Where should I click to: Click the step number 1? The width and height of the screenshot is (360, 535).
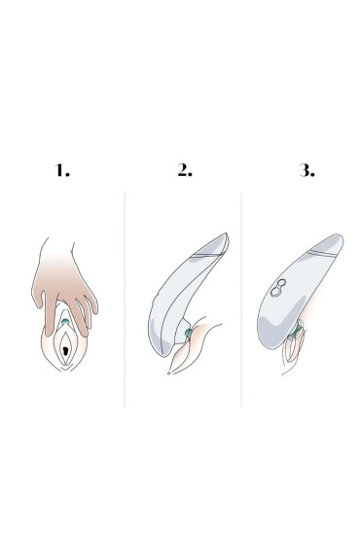point(62,170)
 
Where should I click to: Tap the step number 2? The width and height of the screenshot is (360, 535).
point(185,170)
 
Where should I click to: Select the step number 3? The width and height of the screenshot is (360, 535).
point(306,170)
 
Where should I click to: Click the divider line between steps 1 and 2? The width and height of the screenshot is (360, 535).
point(125,300)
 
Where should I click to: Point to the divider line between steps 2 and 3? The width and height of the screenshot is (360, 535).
point(241,300)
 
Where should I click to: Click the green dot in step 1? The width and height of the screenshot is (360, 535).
point(65,321)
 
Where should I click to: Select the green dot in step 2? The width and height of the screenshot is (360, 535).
point(188,333)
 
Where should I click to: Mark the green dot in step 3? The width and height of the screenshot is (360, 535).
point(299,329)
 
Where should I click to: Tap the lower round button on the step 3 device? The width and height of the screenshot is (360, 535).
point(275,292)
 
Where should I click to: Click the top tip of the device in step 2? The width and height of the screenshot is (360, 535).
point(227,233)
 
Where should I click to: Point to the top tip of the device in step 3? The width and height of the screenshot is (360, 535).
point(340,235)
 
